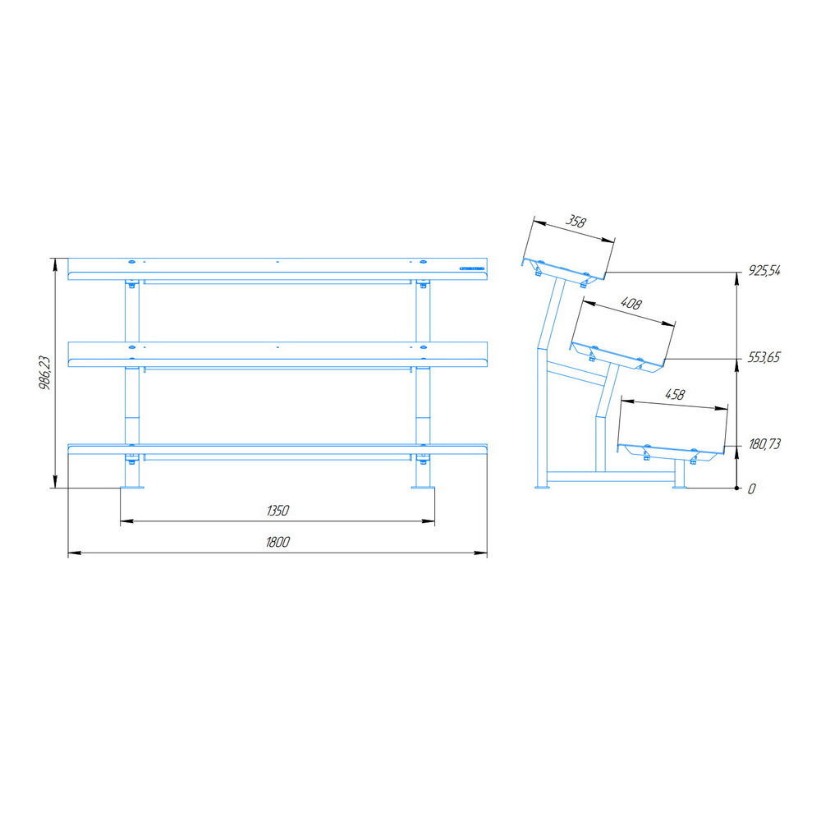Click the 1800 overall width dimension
click(x=277, y=542)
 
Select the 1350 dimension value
click(x=277, y=511)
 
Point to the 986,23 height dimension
click(x=45, y=373)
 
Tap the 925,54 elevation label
click(x=764, y=271)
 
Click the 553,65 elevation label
click(x=764, y=358)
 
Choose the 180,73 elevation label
click(x=764, y=444)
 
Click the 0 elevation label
click(x=752, y=489)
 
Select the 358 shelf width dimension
click(x=576, y=222)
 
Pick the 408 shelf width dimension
click(x=631, y=304)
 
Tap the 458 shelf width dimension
click(x=675, y=394)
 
